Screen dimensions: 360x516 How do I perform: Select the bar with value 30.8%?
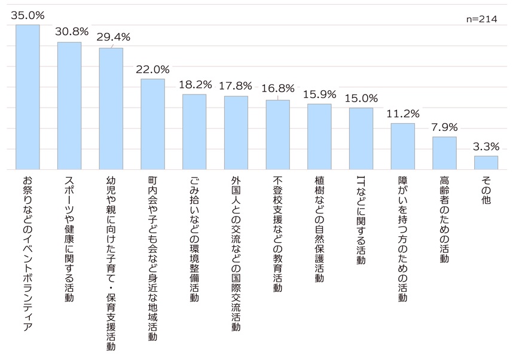point(69,106)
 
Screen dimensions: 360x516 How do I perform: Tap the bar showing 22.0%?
point(152,124)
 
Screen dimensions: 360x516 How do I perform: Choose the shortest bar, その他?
point(486,162)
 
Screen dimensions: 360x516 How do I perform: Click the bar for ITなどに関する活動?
point(361,138)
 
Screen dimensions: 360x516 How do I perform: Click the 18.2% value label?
point(194,84)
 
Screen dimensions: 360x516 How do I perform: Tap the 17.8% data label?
point(236,85)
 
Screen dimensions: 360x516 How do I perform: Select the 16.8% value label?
point(277,88)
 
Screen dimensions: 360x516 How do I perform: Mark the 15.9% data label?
point(319,93)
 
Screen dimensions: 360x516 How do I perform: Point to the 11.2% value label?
point(403,113)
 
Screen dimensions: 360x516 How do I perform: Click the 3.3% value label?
point(486,145)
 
